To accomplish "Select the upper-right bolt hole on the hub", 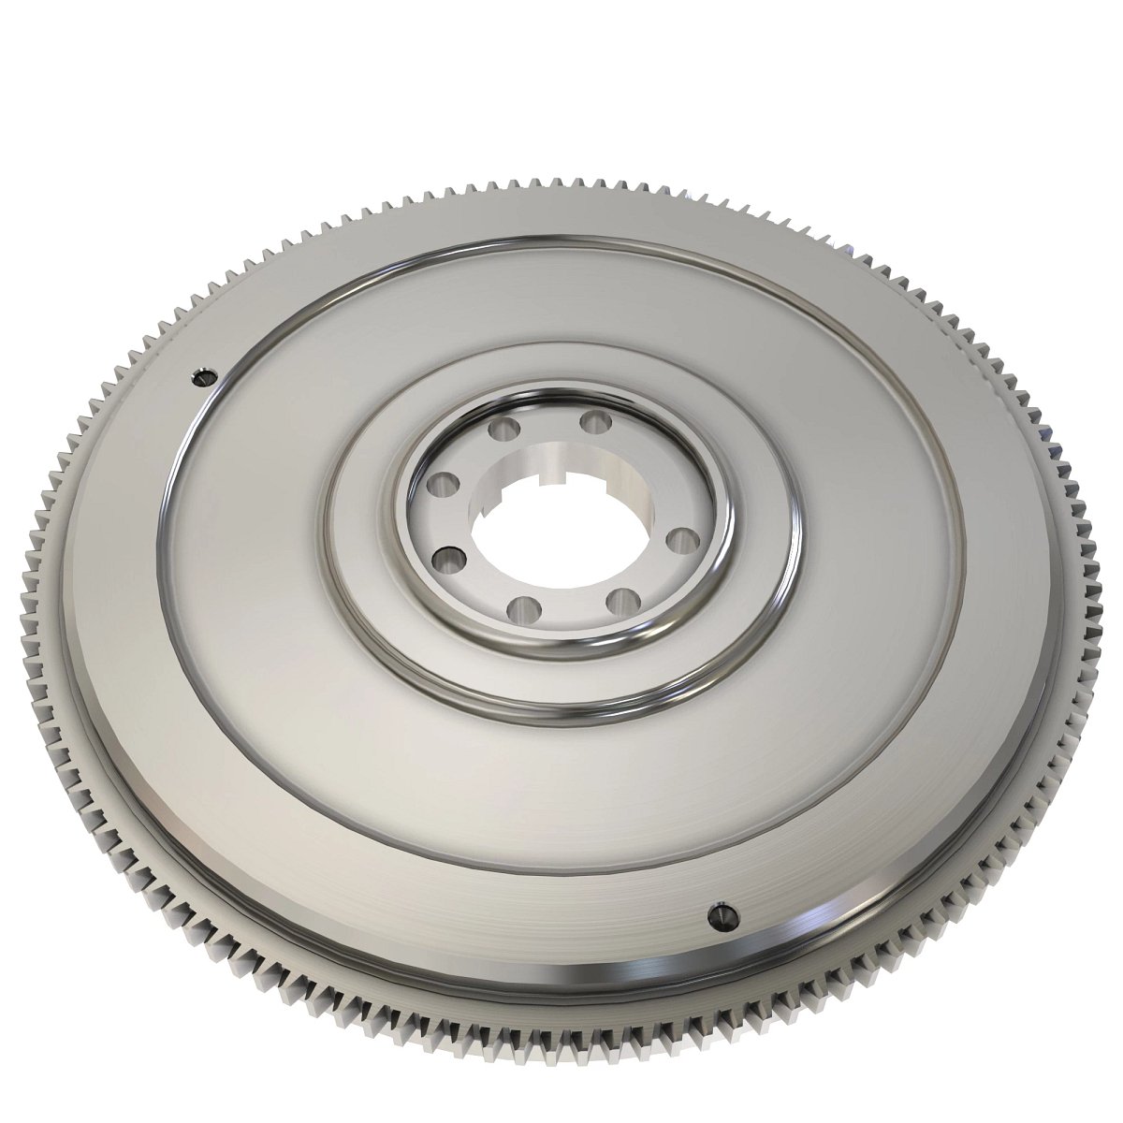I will click(x=591, y=422).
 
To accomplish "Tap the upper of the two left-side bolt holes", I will click(x=436, y=487).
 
